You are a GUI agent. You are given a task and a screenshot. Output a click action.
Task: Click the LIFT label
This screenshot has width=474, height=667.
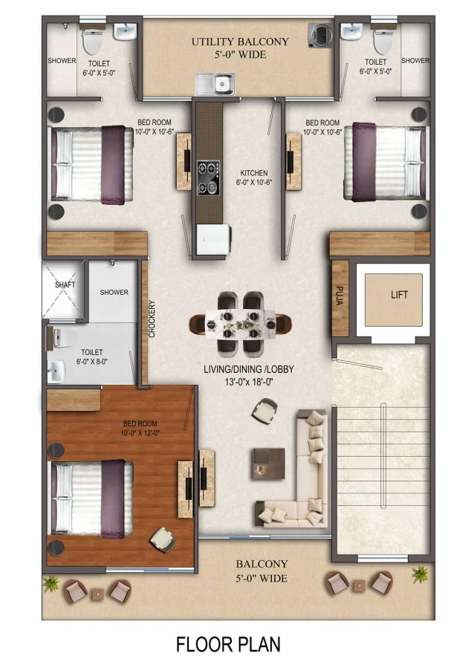(399, 295)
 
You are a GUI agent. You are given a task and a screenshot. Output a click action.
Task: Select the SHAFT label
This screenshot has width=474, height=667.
(65, 284)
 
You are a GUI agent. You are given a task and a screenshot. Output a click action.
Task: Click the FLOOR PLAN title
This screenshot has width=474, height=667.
(228, 643)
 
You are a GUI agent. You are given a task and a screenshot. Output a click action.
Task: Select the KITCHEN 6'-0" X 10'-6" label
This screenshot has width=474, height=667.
(253, 177)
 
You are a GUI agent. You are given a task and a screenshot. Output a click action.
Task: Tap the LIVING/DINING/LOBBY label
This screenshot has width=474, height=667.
(245, 374)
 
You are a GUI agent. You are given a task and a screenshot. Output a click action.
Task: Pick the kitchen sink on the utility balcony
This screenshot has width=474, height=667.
(215, 84)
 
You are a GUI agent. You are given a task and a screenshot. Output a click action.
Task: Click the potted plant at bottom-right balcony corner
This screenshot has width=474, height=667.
(420, 574)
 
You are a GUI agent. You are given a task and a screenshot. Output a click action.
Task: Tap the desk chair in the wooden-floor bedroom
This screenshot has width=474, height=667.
(160, 538)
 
